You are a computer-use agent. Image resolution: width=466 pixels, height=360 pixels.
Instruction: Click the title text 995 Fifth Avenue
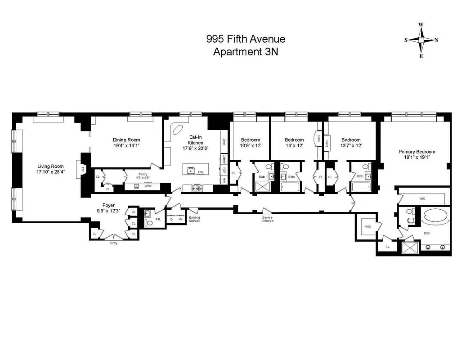(246, 39)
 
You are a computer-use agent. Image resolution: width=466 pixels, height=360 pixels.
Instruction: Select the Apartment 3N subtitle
(246, 51)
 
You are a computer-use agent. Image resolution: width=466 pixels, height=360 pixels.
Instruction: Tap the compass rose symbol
(421, 40)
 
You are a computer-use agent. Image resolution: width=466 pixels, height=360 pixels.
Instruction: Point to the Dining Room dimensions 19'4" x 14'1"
(126, 146)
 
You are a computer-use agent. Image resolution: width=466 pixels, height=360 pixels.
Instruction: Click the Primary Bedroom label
(417, 152)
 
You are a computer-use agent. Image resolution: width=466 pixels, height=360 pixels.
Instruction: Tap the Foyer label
(108, 205)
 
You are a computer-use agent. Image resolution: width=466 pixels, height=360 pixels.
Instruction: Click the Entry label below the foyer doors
(114, 243)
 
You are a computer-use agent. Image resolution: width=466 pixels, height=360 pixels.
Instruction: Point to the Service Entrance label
(267, 219)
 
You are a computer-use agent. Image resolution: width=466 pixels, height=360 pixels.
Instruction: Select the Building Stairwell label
(194, 219)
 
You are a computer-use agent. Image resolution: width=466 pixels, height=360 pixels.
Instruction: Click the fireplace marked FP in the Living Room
(83, 169)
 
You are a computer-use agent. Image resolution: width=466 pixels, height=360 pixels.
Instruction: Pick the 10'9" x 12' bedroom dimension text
(251, 146)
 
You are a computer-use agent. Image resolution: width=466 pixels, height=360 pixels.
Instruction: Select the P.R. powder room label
(157, 219)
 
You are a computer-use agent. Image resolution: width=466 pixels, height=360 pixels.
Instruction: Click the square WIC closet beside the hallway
(367, 226)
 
